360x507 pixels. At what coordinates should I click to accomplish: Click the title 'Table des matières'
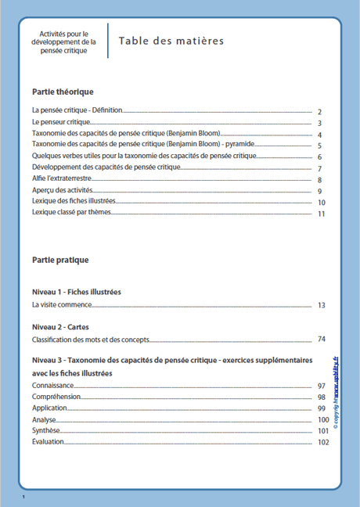(x=171, y=41)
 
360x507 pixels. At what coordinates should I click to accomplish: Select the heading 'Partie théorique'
(x=63, y=92)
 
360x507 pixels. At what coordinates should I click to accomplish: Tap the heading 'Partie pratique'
(x=60, y=260)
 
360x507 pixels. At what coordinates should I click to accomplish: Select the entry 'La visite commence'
(x=62, y=304)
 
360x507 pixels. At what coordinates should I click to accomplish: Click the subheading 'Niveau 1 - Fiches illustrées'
(x=77, y=292)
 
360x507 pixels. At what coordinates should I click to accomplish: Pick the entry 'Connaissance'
(x=52, y=387)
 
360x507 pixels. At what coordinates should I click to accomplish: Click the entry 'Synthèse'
(x=45, y=430)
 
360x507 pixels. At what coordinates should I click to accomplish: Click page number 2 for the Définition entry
(x=320, y=113)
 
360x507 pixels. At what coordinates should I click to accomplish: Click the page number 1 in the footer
(x=24, y=498)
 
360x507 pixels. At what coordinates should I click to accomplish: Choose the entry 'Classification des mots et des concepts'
(x=90, y=340)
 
